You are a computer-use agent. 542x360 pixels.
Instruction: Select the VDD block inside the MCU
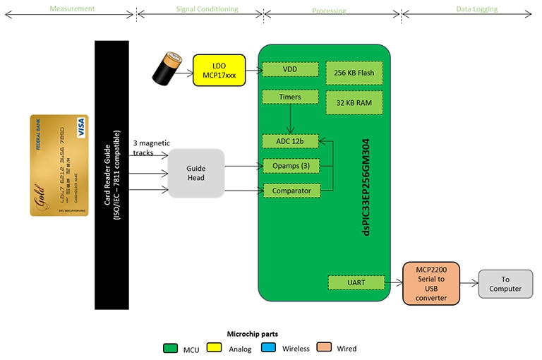pyautogui.click(x=290, y=70)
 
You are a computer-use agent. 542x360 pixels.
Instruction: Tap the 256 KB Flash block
pyautogui.click(x=355, y=73)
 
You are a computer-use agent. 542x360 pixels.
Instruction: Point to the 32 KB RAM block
pyautogui.click(x=355, y=103)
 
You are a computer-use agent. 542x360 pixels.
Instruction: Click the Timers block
pyautogui.click(x=290, y=97)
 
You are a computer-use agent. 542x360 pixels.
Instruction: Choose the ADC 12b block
pyautogui.click(x=290, y=141)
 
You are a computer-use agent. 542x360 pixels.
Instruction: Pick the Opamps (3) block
pyautogui.click(x=290, y=166)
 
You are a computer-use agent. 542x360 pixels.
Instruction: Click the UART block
pyautogui.click(x=356, y=282)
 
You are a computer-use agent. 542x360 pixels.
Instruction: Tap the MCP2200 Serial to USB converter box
pyautogui.click(x=430, y=283)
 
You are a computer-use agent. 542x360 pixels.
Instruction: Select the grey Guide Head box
pyautogui.click(x=195, y=172)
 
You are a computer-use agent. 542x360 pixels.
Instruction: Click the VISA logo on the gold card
pyautogui.click(x=80, y=127)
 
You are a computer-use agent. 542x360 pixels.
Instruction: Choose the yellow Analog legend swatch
pyautogui.click(x=215, y=348)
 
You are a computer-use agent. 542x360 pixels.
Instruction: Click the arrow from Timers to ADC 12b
pyautogui.click(x=290, y=119)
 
